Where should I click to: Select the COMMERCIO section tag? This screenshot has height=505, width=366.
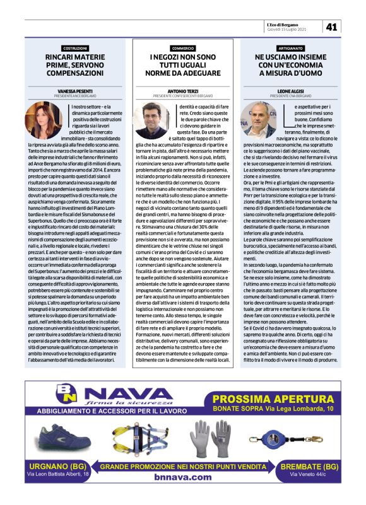182,48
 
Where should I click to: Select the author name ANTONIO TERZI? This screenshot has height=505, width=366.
182,91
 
